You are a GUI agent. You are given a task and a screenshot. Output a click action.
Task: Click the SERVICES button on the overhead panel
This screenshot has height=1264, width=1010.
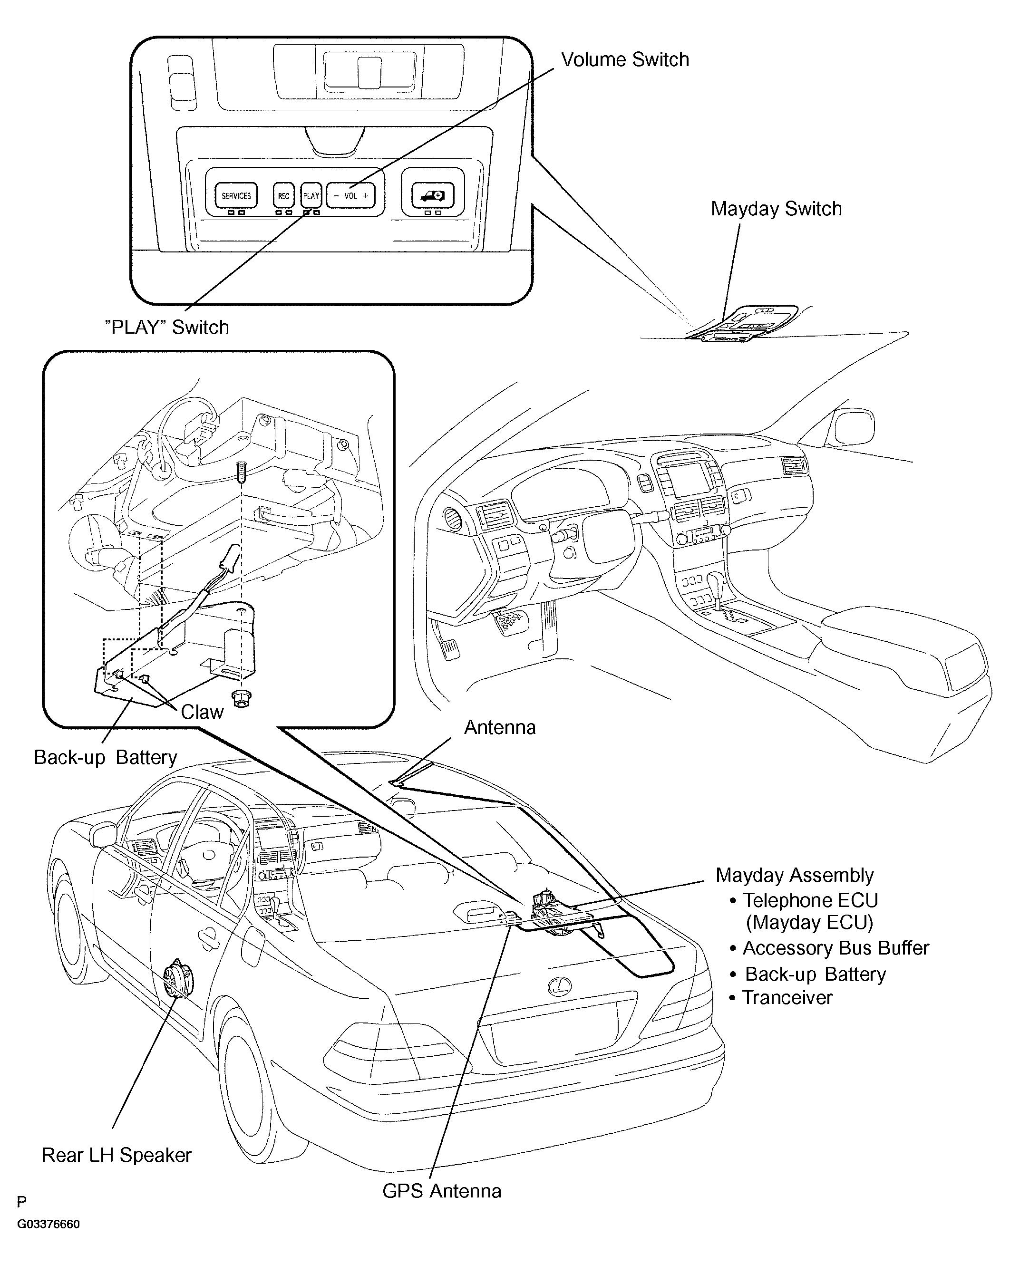(x=236, y=196)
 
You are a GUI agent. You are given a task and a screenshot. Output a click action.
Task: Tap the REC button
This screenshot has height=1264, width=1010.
(x=284, y=196)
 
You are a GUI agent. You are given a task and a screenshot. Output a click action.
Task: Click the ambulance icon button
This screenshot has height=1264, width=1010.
(x=433, y=194)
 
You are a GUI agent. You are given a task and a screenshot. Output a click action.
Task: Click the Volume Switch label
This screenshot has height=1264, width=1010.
(x=625, y=60)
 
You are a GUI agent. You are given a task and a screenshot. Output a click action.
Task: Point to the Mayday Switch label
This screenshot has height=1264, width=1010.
(x=776, y=209)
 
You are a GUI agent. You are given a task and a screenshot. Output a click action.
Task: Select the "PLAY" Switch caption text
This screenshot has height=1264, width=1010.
(x=166, y=327)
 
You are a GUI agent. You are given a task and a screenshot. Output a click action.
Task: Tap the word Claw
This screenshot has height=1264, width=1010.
(x=202, y=712)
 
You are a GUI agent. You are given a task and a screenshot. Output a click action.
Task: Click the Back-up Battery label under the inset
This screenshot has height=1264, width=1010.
(x=106, y=757)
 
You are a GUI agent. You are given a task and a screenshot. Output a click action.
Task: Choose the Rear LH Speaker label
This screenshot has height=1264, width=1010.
(x=116, y=1155)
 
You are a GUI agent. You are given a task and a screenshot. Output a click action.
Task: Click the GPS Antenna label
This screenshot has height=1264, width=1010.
(x=442, y=1191)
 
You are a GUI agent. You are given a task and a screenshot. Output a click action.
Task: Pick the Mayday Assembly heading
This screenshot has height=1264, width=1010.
(x=794, y=875)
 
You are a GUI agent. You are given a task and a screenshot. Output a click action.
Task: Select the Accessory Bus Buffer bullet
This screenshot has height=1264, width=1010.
(x=829, y=948)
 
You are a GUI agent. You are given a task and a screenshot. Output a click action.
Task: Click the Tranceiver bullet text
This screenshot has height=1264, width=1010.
(x=781, y=997)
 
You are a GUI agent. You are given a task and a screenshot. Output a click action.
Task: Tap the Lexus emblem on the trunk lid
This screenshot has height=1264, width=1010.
(x=560, y=985)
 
